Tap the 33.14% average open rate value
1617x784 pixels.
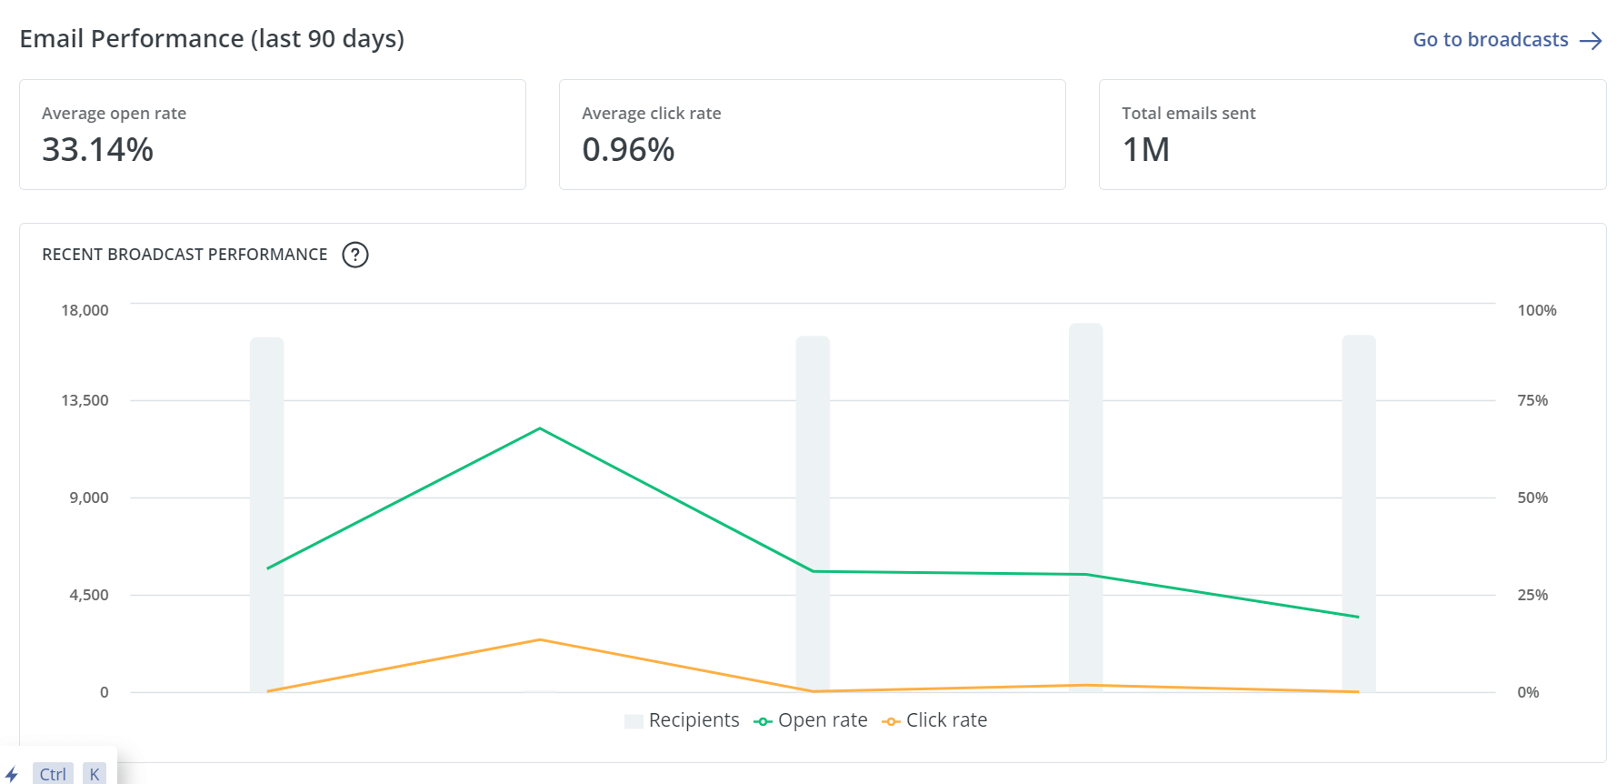[x=97, y=150]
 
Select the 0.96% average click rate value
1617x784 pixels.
[x=628, y=150]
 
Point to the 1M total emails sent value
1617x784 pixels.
[x=1145, y=150]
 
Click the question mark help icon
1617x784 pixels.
[x=355, y=255]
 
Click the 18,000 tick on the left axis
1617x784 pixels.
[x=85, y=310]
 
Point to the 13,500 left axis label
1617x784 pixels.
[x=85, y=400]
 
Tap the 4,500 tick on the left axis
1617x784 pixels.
[x=89, y=595]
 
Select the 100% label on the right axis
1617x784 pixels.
[x=1536, y=310]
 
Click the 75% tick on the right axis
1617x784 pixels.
[x=1532, y=400]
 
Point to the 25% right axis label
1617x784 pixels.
[x=1532, y=595]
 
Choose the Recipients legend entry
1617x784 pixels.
[x=683, y=720]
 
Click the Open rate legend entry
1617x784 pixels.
[x=811, y=720]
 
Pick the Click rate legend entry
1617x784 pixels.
[x=935, y=720]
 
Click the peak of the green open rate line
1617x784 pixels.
[x=540, y=428]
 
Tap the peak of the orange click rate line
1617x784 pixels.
[x=540, y=639]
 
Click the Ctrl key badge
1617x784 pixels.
[x=53, y=774]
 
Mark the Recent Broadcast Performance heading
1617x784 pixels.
[x=185, y=255]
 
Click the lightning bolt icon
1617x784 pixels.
[x=12, y=774]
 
